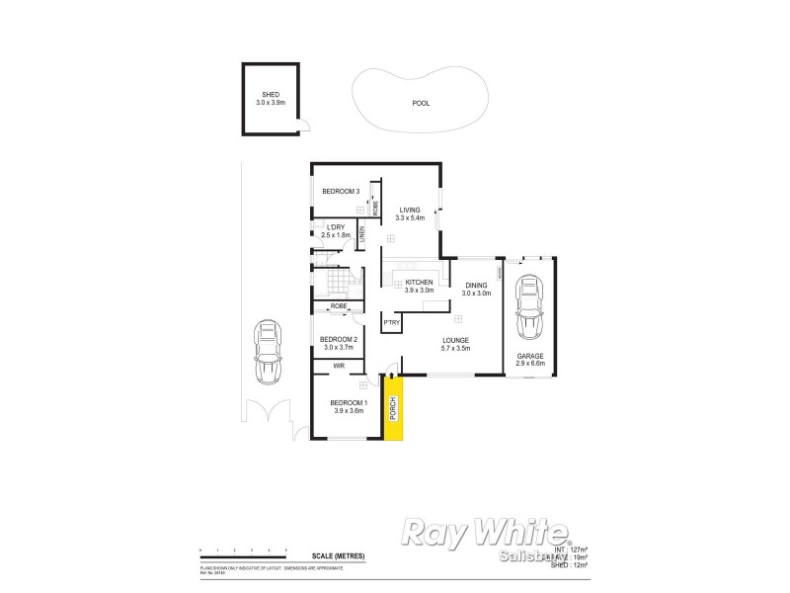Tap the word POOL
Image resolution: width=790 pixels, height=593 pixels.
tap(421, 103)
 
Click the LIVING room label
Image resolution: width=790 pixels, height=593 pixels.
tap(409, 210)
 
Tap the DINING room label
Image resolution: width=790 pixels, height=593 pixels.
tap(478, 286)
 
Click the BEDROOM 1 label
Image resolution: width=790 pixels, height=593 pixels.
tap(349, 402)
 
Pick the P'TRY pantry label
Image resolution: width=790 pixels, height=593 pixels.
tap(391, 322)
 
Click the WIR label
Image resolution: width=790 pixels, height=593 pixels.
tap(339, 367)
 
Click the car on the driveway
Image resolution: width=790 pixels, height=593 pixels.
tap(267, 353)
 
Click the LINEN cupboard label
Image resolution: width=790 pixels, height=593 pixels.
tap(362, 233)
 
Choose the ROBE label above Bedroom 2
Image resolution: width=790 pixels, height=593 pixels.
tap(339, 306)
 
